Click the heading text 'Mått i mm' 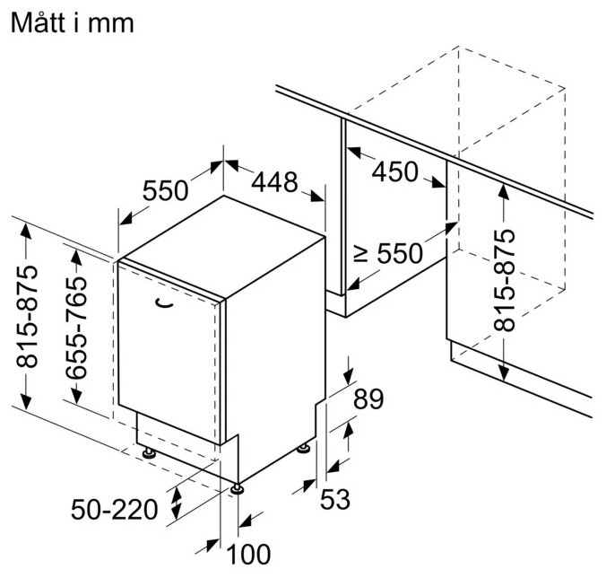point(71,23)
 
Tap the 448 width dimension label point(273,182)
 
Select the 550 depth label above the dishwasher point(165,190)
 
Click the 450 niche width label point(395,171)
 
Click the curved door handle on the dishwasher point(162,305)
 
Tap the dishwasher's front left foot point(147,451)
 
